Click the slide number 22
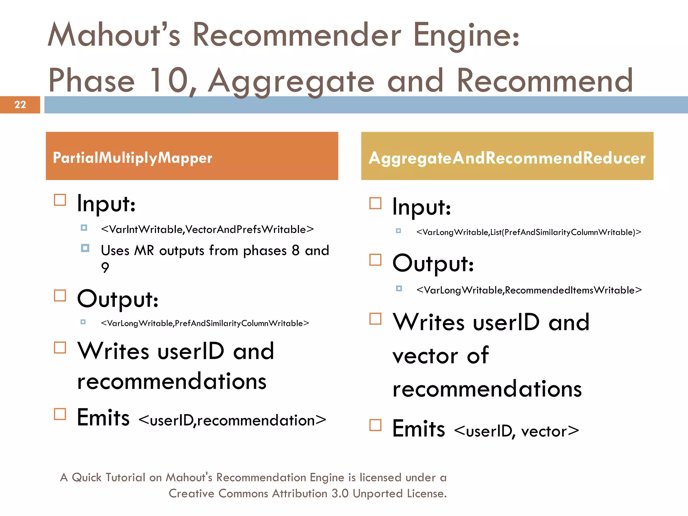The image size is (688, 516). [x=20, y=105]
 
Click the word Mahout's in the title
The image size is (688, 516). [x=114, y=35]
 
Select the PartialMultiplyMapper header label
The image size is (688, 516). [x=132, y=158]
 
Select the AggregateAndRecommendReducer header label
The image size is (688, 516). [x=507, y=158]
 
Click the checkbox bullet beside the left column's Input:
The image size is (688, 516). [x=60, y=200]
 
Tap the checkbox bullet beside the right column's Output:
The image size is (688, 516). [x=375, y=260]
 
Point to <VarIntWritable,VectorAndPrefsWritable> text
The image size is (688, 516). [x=207, y=229]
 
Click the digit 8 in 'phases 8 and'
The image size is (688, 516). [x=296, y=251]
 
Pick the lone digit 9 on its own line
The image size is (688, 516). [x=105, y=268]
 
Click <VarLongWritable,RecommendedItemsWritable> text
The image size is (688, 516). [x=529, y=290]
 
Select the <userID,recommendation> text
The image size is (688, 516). [x=232, y=420]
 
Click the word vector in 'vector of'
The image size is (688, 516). [x=425, y=356]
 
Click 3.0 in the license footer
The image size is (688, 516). [x=340, y=493]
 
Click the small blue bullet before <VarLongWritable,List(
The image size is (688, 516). [x=398, y=231]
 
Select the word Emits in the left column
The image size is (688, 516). [x=103, y=418]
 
